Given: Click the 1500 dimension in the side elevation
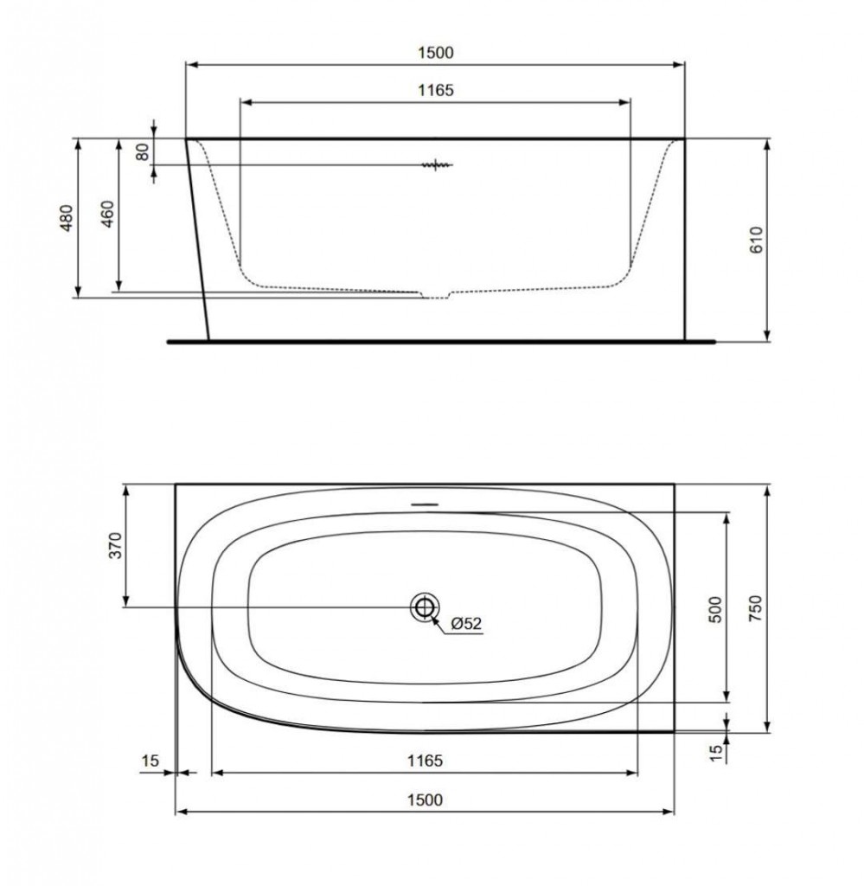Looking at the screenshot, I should tap(435, 53).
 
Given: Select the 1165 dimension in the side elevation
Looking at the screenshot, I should tap(435, 90).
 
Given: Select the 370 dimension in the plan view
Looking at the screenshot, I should tap(117, 547).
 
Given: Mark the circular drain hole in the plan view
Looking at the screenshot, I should tap(424, 607).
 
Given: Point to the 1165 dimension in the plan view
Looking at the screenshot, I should tap(424, 761).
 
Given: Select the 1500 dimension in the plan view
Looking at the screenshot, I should tap(424, 800).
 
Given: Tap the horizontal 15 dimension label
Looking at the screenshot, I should tap(150, 761).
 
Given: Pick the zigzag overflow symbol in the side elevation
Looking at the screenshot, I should tap(436, 164).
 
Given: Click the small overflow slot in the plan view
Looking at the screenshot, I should tap(424, 503).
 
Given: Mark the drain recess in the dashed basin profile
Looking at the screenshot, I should tap(436, 296).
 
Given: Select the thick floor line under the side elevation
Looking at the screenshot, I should tap(441, 341).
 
